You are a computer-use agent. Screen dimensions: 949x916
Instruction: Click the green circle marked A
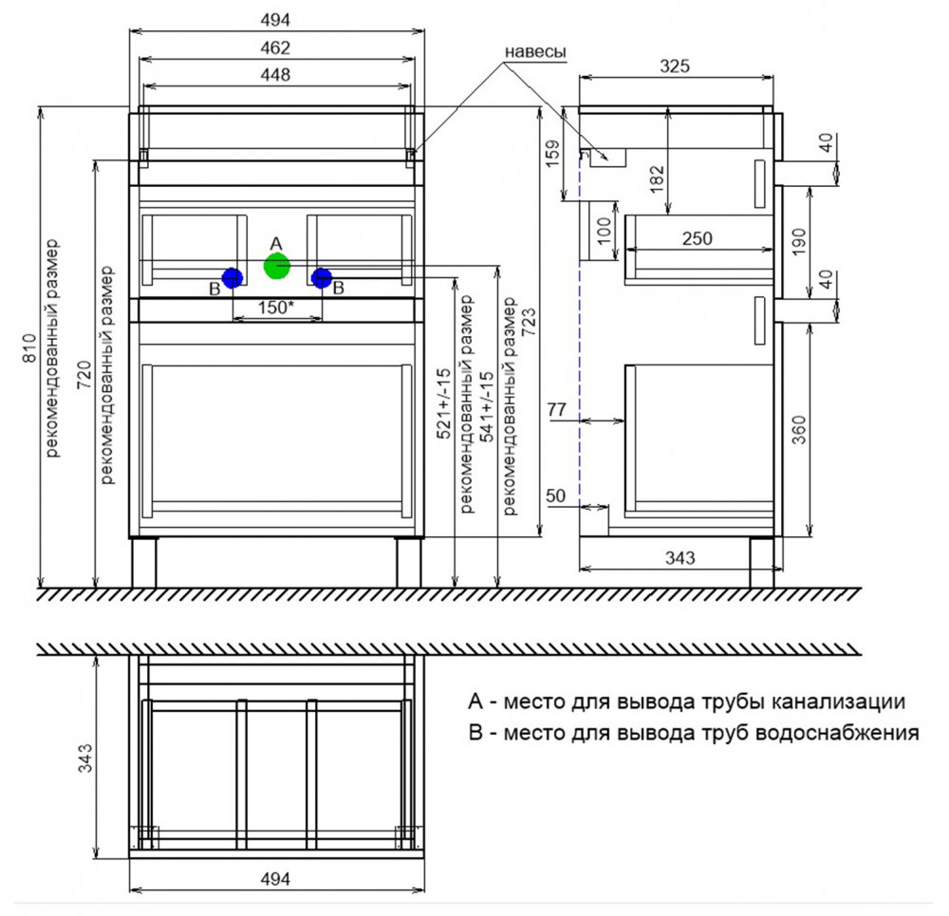click(x=277, y=266)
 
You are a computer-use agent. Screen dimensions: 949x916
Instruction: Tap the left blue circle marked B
click(x=233, y=278)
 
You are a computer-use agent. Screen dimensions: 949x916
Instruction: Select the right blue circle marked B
click(x=322, y=278)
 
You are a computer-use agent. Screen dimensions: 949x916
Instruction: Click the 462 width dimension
click(x=275, y=47)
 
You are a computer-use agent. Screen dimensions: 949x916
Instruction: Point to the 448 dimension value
click(x=275, y=74)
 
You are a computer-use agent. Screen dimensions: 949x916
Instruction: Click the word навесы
click(x=535, y=52)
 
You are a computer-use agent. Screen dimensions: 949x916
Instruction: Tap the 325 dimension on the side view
click(x=675, y=65)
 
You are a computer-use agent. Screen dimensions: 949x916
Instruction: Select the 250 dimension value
click(x=698, y=238)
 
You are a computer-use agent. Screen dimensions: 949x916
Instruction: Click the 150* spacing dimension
click(x=276, y=307)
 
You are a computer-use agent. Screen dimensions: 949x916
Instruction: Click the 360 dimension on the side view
click(x=799, y=429)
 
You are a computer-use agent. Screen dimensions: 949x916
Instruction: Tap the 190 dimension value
click(x=799, y=241)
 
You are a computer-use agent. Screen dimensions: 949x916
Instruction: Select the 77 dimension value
click(x=557, y=410)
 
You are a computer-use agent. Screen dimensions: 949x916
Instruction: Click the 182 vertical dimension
click(x=657, y=179)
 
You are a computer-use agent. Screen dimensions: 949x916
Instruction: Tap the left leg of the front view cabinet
click(x=144, y=562)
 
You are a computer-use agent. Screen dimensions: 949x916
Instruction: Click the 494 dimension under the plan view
click(x=275, y=878)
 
